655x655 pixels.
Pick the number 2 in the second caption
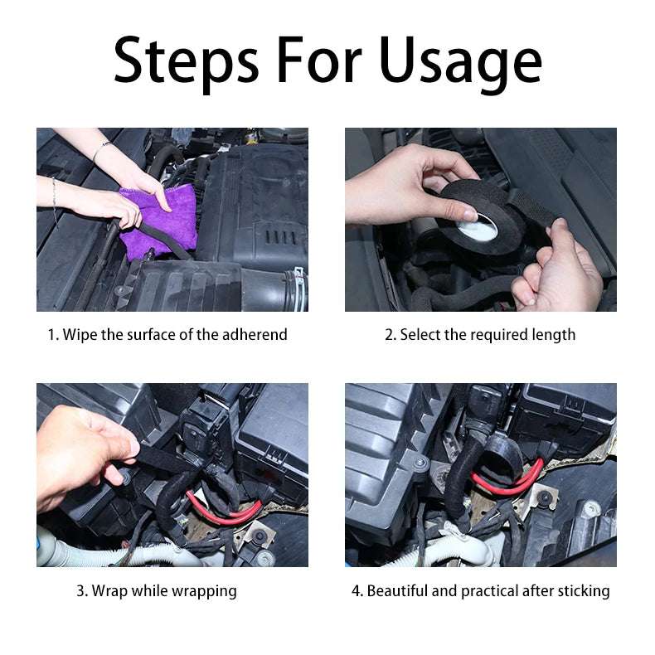[x=389, y=335]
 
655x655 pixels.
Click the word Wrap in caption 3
[x=109, y=591]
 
